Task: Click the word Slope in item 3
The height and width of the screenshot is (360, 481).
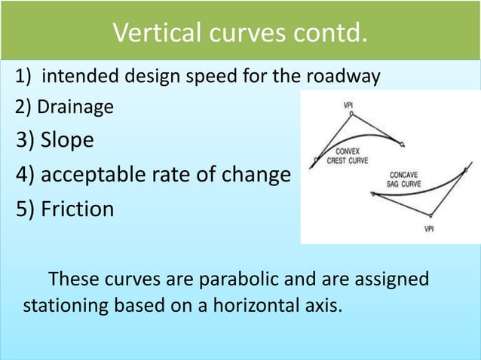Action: (x=67, y=141)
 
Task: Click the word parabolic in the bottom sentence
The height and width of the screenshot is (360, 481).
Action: (x=240, y=279)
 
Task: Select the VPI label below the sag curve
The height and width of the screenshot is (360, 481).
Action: (x=428, y=228)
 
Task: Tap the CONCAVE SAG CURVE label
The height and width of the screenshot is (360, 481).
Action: (x=405, y=179)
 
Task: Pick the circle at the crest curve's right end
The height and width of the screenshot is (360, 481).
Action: (x=403, y=143)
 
